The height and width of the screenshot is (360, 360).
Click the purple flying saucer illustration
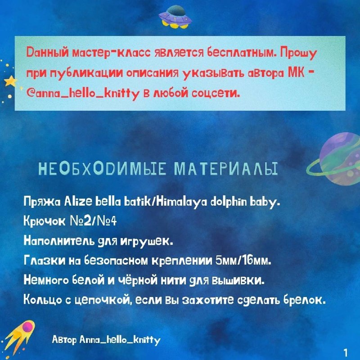(175, 17)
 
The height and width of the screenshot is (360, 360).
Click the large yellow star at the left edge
(10, 81)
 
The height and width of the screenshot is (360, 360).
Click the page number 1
(346, 352)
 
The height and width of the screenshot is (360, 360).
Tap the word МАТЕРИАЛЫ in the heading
(226, 169)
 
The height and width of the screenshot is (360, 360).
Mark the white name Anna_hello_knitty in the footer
(120, 340)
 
